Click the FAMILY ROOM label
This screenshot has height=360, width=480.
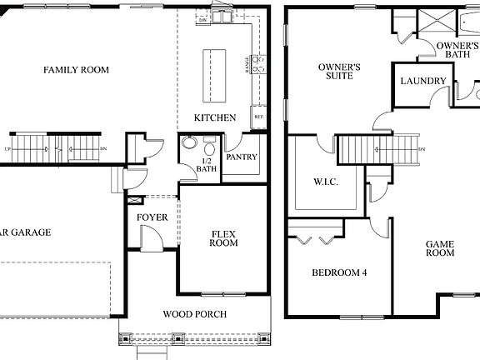[76, 70]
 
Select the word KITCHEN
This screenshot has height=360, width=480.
[215, 117]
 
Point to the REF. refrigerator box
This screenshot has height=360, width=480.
[258, 117]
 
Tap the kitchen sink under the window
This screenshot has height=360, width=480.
[223, 17]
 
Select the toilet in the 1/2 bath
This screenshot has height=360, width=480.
[210, 148]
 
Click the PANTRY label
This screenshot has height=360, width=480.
[242, 157]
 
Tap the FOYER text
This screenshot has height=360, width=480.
[152, 217]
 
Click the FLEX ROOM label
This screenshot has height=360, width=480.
[223, 237]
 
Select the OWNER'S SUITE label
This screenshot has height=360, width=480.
[339, 71]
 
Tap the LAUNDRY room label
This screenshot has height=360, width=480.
[422, 81]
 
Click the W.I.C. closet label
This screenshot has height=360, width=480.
[325, 182]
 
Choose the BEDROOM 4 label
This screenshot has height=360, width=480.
[339, 272]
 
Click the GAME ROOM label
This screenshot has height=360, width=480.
[439, 248]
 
